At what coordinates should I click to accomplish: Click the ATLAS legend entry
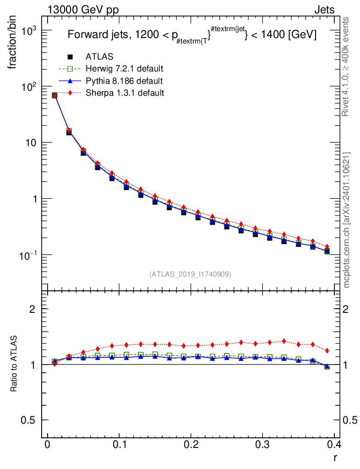point(99,57)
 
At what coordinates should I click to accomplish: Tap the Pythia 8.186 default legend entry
point(124,81)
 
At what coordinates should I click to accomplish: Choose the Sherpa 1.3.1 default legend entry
point(125,93)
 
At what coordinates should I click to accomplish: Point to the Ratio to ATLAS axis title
point(14,365)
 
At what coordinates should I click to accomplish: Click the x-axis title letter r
point(335,457)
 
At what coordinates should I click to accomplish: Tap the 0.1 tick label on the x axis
point(119,445)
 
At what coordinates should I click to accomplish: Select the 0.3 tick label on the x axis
point(263,445)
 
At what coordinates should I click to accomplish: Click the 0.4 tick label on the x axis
point(334,445)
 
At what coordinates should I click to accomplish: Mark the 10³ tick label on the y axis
point(31,30)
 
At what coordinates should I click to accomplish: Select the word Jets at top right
point(324,10)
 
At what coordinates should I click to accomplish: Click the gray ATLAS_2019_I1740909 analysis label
point(190,274)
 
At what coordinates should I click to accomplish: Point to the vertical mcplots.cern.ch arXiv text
point(347,220)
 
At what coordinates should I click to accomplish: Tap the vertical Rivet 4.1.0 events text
point(347,66)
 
